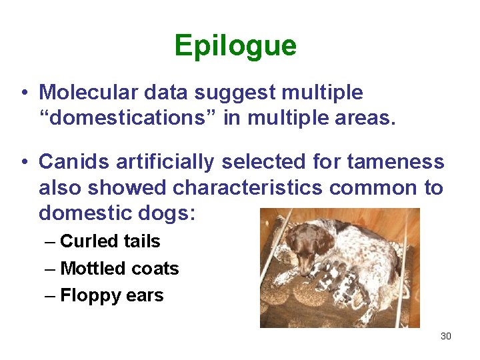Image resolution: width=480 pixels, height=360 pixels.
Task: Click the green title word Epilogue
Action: (x=235, y=46)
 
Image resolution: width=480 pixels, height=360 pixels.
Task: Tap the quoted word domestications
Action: (x=133, y=119)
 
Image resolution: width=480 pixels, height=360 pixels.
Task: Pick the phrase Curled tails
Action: (x=110, y=241)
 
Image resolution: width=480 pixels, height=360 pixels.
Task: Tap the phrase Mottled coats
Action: (x=119, y=268)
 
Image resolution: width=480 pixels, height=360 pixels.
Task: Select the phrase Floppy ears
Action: (x=111, y=295)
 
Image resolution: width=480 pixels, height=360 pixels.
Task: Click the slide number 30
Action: (x=446, y=336)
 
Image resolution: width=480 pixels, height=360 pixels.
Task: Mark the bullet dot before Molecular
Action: (x=23, y=92)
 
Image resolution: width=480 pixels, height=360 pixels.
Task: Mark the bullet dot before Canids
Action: (x=23, y=161)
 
